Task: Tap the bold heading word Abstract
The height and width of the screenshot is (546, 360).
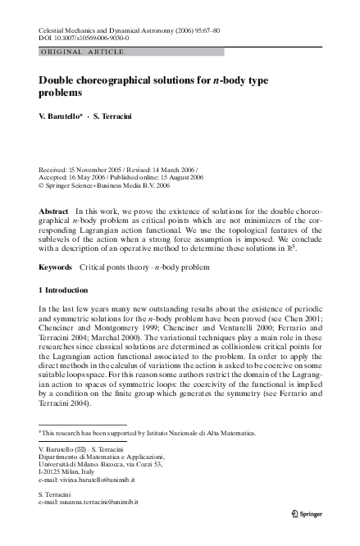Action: click(x=54, y=212)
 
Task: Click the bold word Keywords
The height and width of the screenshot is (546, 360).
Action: click(x=57, y=267)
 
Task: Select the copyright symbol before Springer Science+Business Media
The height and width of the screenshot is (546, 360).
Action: click(x=42, y=185)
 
